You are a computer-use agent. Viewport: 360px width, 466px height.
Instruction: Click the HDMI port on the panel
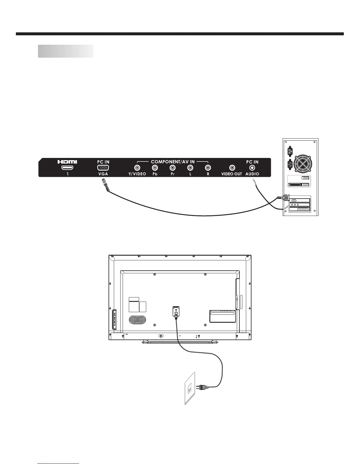[x=67, y=168]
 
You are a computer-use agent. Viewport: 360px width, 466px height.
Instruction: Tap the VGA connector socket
[x=103, y=168]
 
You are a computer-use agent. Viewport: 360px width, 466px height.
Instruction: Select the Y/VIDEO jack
[x=137, y=168]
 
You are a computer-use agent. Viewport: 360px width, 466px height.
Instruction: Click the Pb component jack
[x=155, y=168]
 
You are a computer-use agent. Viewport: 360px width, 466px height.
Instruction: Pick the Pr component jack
[x=173, y=168]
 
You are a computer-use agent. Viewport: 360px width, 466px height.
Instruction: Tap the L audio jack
[x=190, y=168]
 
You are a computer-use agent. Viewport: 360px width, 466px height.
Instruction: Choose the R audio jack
[x=208, y=168]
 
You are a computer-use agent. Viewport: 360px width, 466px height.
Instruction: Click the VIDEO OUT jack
[x=232, y=168]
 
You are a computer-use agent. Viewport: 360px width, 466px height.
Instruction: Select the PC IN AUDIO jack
[x=252, y=168]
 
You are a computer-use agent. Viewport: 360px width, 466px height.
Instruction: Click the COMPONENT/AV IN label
[x=173, y=162]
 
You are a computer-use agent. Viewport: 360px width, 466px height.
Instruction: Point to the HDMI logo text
[x=67, y=162]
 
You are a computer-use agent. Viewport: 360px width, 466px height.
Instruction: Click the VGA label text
[x=103, y=174]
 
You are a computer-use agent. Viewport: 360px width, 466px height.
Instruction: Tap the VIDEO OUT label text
[x=231, y=174]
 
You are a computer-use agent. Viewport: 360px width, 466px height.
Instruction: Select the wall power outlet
[x=190, y=389]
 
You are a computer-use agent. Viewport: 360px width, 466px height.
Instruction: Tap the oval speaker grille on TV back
[x=137, y=320]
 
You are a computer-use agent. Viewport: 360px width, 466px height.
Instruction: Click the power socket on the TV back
[x=176, y=311]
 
